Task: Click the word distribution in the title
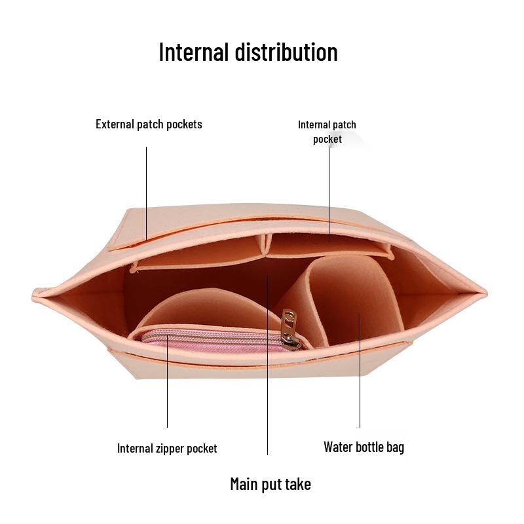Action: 287,52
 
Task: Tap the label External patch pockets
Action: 149,124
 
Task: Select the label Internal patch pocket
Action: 327,132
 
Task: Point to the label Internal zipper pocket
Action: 167,449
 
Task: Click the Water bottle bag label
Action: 364,447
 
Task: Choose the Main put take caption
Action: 270,484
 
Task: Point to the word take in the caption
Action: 298,484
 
